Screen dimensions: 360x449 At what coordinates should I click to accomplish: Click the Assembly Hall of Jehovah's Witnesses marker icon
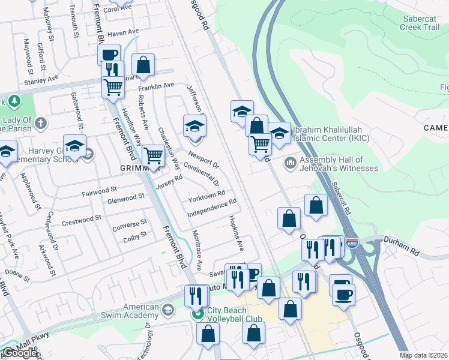pyautogui.click(x=291, y=163)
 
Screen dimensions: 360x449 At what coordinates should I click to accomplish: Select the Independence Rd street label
pyautogui.click(x=212, y=209)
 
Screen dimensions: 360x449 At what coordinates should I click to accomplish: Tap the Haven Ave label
pyautogui.click(x=123, y=32)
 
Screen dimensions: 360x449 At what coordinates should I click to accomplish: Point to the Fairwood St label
pyautogui.click(x=99, y=190)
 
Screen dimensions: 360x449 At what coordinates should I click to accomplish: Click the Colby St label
pyautogui.click(x=135, y=236)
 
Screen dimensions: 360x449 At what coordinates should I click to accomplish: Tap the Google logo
pyautogui.click(x=19, y=353)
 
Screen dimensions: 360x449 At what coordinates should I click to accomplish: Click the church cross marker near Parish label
pyautogui.click(x=40, y=124)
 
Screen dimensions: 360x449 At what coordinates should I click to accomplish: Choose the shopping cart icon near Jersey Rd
pyautogui.click(x=154, y=155)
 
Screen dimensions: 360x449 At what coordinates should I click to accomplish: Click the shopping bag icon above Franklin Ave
pyautogui.click(x=143, y=64)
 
